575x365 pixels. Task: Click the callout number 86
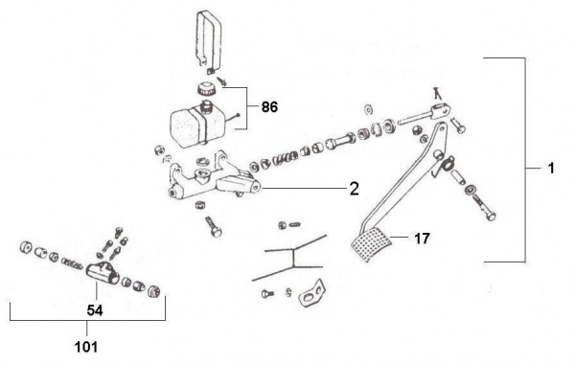[269, 107]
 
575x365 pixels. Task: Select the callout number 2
[354, 189]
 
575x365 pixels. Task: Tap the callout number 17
[422, 239]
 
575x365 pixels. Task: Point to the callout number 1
[550, 169]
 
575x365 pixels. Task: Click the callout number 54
[95, 310]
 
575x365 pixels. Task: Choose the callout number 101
[86, 347]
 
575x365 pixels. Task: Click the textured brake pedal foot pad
[370, 244]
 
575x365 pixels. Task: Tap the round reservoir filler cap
[205, 89]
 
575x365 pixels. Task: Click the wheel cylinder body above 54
[103, 273]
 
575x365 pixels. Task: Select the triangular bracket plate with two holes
[312, 293]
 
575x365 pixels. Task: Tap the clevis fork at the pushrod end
[440, 110]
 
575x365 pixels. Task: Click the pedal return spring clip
[445, 164]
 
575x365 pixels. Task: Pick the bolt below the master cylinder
[214, 226]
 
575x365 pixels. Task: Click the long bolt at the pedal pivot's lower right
[484, 208]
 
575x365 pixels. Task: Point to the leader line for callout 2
[304, 189]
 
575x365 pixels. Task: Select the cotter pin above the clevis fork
[436, 93]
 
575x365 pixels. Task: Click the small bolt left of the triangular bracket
[267, 293]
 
